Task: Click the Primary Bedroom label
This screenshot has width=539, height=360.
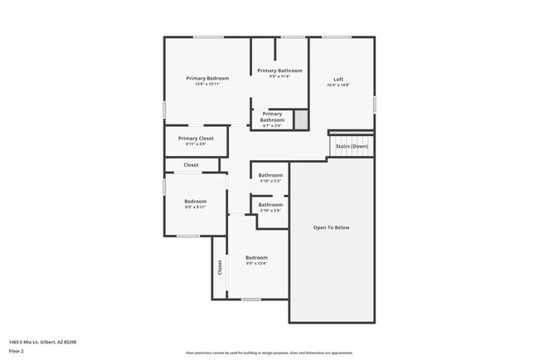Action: [x=206, y=78]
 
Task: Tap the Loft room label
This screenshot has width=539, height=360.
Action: [x=338, y=80]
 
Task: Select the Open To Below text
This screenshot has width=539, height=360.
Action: [x=331, y=227]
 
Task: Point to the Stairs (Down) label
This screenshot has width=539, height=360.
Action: [x=352, y=147]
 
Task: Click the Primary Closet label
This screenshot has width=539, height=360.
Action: [x=196, y=138]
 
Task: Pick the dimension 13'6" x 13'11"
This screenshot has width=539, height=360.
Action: [x=206, y=84]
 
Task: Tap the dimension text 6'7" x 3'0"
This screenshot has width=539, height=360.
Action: [x=272, y=126]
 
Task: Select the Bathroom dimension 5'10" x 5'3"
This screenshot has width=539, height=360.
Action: [x=270, y=181]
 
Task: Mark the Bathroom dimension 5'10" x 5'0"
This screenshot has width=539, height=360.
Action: [x=270, y=211]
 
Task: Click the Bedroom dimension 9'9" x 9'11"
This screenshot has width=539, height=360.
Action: [x=195, y=207]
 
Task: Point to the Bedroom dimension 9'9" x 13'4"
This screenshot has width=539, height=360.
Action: [x=256, y=264]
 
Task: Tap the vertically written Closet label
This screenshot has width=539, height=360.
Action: [x=220, y=267]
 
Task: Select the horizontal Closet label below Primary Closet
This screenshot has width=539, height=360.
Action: [x=191, y=165]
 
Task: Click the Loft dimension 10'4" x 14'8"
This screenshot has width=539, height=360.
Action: [x=338, y=85]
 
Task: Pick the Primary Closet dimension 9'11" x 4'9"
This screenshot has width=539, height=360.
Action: [x=196, y=144]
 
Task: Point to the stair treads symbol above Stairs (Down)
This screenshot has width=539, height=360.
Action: [x=352, y=134]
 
